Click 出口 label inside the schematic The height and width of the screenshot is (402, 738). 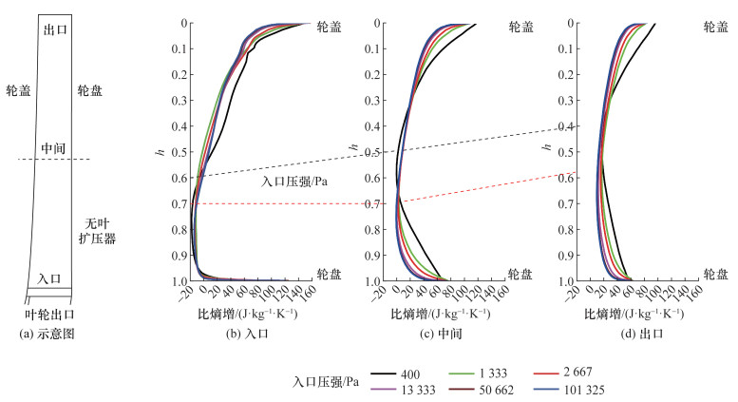[x=54, y=30]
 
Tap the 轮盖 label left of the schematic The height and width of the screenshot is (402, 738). [x=19, y=91]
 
